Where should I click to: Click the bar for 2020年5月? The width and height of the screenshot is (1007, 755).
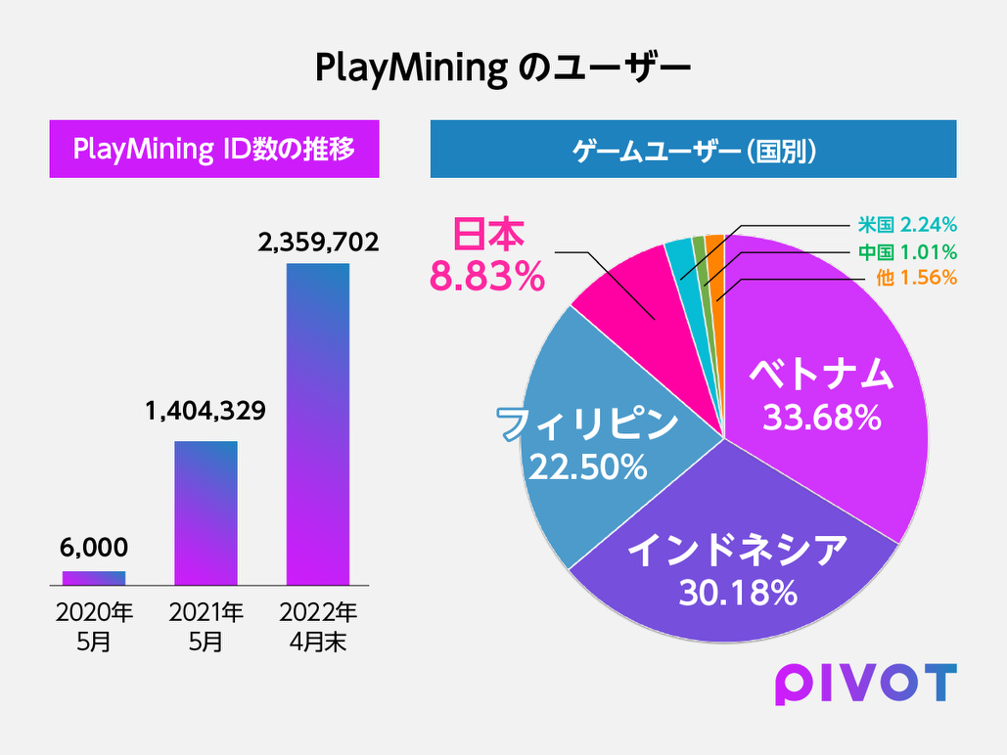[x=94, y=578]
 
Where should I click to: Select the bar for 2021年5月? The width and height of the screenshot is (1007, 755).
[x=206, y=513]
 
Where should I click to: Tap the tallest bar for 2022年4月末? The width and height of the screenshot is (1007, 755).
[x=318, y=424]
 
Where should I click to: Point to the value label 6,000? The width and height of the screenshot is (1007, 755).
[x=94, y=548]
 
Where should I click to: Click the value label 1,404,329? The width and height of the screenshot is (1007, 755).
[x=206, y=411]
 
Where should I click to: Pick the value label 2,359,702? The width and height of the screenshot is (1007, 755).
[x=319, y=242]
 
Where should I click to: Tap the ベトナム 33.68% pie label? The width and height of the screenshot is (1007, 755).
[x=821, y=394]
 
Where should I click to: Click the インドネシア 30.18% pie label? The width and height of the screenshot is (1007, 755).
[x=738, y=570]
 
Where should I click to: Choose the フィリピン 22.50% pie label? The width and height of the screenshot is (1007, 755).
[x=587, y=444]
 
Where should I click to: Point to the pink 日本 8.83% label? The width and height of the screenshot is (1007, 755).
[x=487, y=254]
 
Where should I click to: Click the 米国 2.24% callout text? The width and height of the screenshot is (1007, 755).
[x=907, y=225]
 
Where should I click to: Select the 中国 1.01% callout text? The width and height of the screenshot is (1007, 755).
[x=907, y=251]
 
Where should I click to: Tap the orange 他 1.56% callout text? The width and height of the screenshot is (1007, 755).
[x=916, y=278]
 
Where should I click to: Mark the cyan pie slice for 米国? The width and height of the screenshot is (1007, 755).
[x=682, y=276]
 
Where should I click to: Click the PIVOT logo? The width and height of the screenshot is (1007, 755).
[x=866, y=684]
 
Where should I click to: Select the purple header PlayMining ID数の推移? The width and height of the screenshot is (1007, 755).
[x=214, y=149]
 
